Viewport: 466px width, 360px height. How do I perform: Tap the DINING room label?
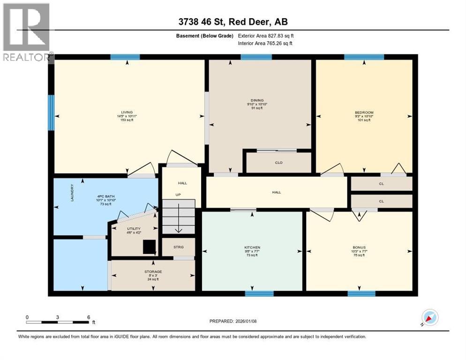coord(257,100)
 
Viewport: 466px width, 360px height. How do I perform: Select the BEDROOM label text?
coord(364,112)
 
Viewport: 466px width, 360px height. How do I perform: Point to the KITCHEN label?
coord(252,247)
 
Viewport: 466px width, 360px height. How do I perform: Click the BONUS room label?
coord(359,247)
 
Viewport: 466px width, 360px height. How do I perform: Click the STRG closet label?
coord(178,247)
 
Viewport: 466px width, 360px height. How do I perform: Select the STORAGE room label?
coord(153,271)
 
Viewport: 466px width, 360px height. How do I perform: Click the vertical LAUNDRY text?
coord(72,192)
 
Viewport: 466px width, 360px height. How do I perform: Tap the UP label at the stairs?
coord(178,194)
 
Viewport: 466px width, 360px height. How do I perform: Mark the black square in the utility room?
coord(150,247)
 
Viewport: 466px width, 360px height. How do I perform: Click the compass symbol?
coord(429,317)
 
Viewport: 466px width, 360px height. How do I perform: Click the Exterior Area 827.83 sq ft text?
coord(266,36)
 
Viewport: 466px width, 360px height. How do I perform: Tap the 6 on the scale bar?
coord(89,317)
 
